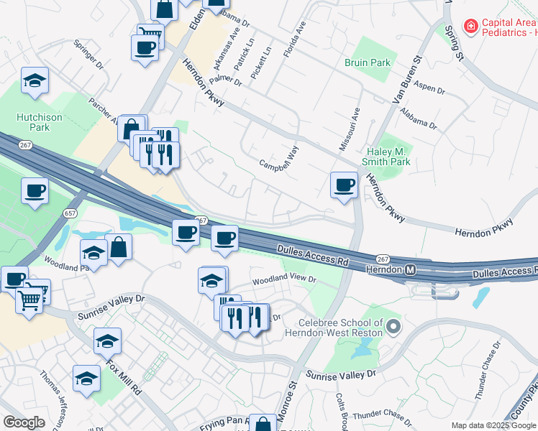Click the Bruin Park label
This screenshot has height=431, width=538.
coord(368,62)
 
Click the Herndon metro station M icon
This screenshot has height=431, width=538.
coord(410,269)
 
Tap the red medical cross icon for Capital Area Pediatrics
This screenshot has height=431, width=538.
coord(471,27)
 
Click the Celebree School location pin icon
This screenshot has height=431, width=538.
coord(393,328)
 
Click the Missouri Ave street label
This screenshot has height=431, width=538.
coord(355,129)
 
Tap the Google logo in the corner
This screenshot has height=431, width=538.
coord(24,422)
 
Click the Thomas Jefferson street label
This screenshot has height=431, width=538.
coord(53,399)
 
